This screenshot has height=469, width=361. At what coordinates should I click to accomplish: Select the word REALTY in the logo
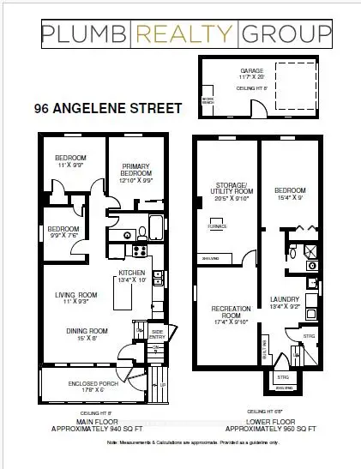click(184, 34)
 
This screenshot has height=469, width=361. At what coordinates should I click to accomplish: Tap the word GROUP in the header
click(286, 34)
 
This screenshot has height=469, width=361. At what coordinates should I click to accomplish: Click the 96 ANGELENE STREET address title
click(107, 109)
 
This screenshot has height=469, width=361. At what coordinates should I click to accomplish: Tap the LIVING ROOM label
click(75, 298)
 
